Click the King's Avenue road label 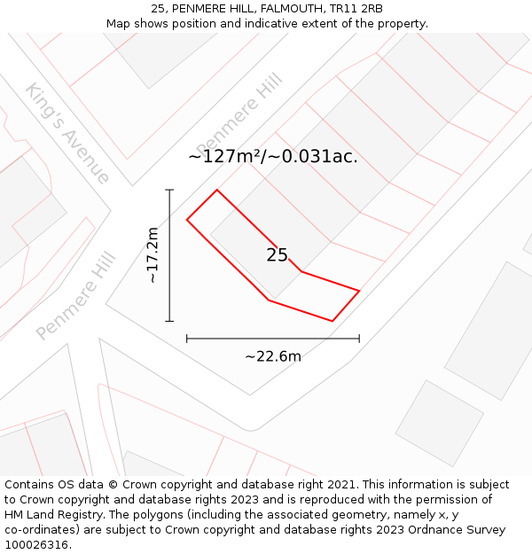click(67, 133)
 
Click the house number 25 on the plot click(278, 255)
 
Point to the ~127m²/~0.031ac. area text click(273, 157)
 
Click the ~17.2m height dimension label click(153, 255)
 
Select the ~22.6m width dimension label click(273, 356)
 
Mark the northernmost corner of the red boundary click(217, 190)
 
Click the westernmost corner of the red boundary click(186, 219)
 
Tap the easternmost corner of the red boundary click(359, 291)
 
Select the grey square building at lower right click(439, 424)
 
